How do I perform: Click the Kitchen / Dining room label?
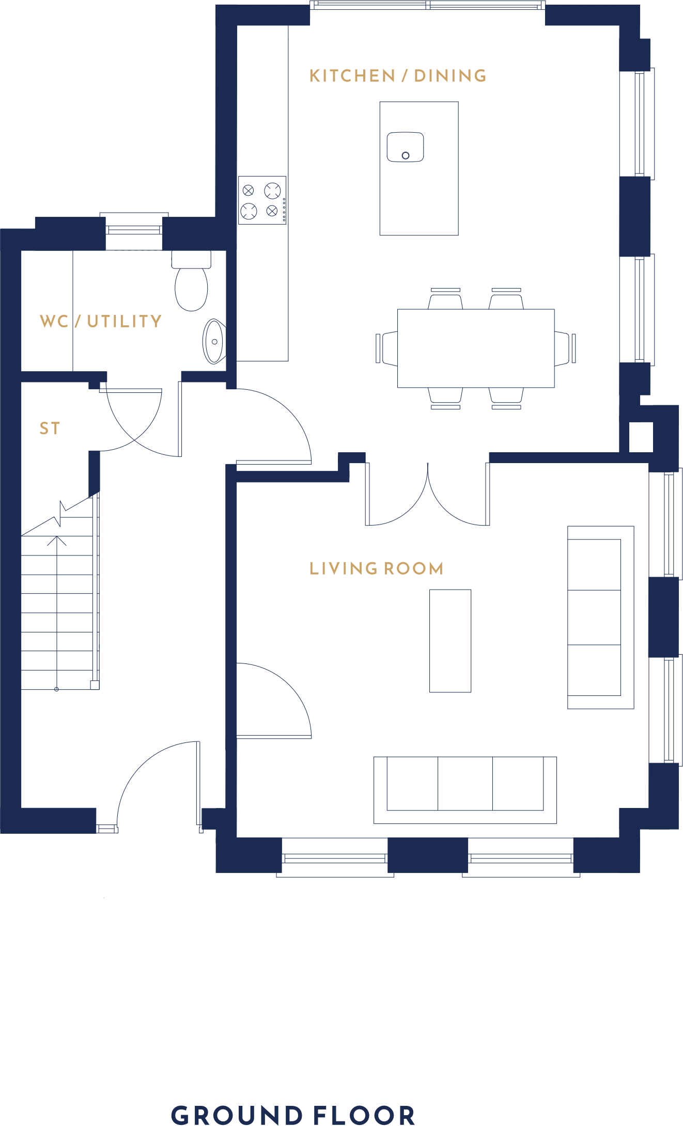398,76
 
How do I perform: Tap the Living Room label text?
376,568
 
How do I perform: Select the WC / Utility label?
101,321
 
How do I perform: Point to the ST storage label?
50,429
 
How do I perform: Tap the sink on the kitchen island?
406,147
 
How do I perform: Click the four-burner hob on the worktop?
262,200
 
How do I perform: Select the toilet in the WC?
191,281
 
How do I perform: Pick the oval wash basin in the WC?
214,342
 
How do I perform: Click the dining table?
476,348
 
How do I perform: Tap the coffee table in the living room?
451,641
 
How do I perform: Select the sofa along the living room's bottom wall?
465,790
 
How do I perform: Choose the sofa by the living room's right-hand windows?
601,617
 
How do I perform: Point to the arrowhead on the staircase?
57,541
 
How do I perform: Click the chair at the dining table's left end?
387,348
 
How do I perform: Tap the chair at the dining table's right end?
565,348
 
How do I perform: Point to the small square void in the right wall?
641,437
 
